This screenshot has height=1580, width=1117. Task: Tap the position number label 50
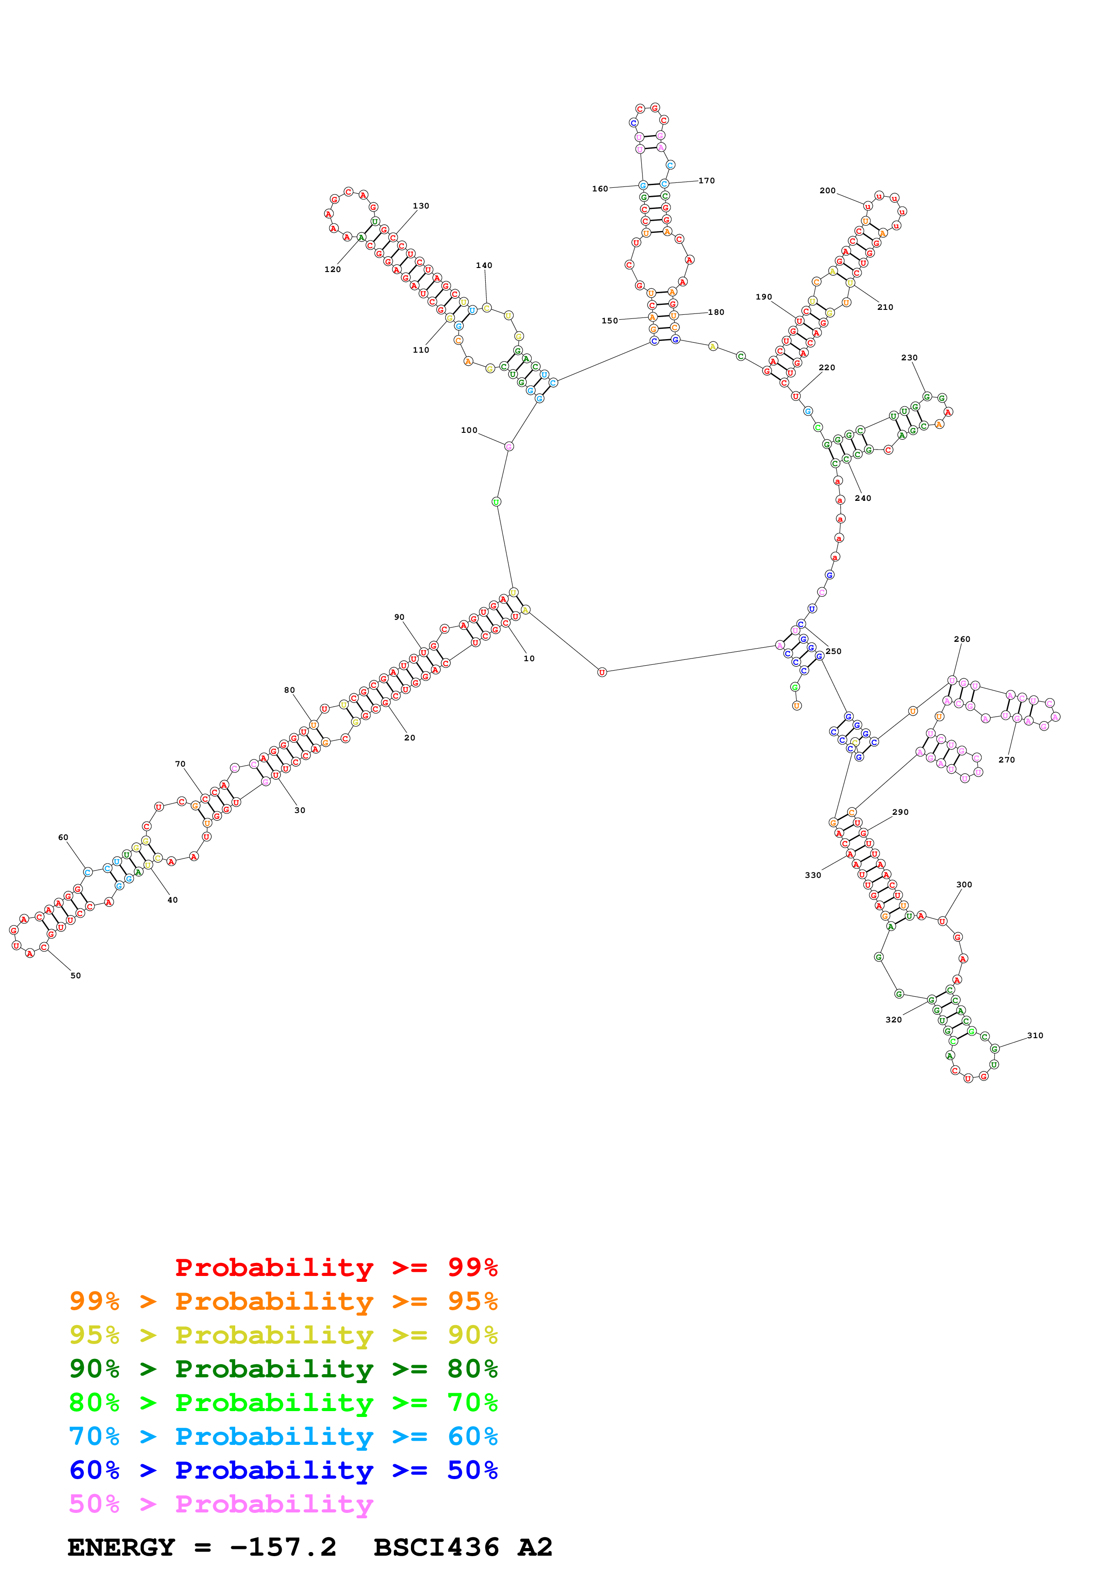coord(76,975)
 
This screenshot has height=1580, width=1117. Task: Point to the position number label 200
coord(827,191)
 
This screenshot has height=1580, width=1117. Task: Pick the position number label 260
coord(962,639)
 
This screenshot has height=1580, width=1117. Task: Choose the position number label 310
coord(1035,1035)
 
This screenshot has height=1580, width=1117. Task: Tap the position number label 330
coord(813,875)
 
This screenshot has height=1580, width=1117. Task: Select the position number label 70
coord(180,764)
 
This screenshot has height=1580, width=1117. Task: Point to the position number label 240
coord(862,498)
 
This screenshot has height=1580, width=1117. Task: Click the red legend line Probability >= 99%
coord(336,1267)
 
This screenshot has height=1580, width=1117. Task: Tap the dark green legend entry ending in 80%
coord(283,1369)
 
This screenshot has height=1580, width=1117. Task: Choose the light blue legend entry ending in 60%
coord(283,1436)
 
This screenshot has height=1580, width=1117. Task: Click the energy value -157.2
coord(283,1547)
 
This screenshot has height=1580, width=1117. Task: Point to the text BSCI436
coord(436,1547)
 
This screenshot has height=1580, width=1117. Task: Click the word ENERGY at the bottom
coord(121,1547)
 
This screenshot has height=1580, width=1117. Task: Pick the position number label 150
coord(609,321)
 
